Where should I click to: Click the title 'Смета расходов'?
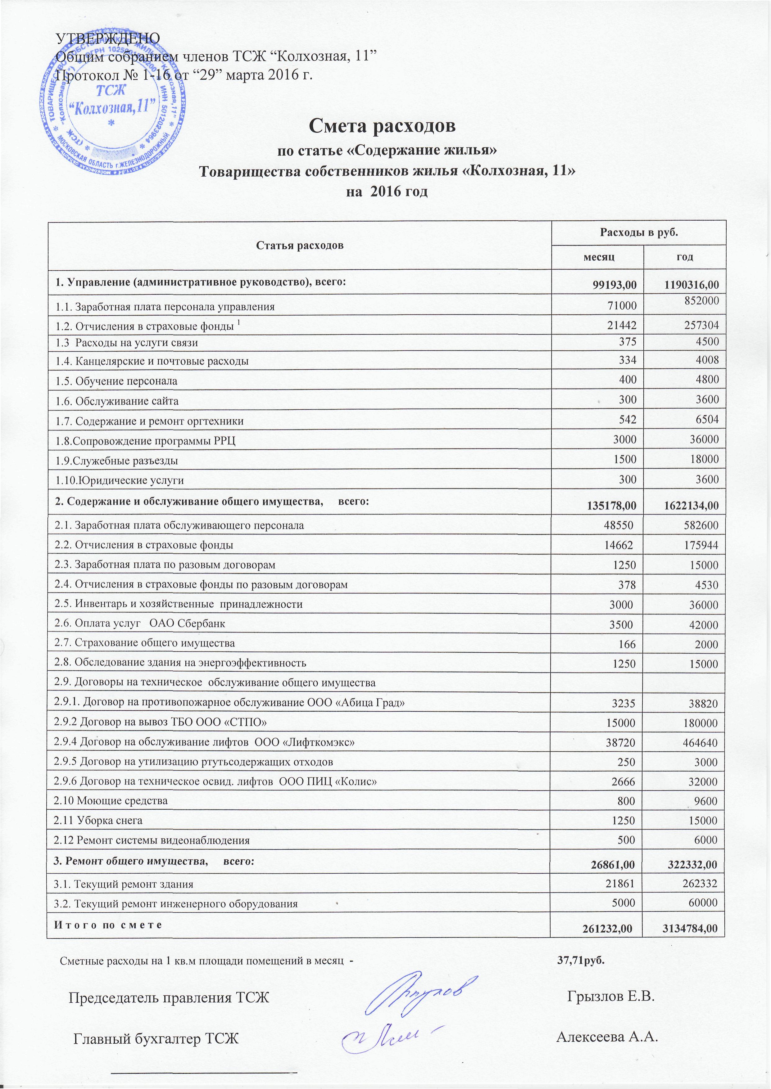click(x=382, y=125)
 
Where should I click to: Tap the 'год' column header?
click(x=685, y=257)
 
